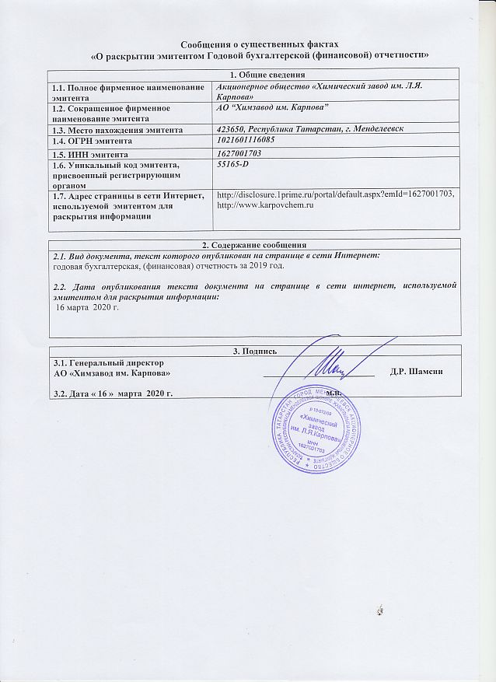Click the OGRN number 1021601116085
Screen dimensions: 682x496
[253, 142]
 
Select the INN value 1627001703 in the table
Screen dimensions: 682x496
[244, 155]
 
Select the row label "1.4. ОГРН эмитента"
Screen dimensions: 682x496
[92, 142]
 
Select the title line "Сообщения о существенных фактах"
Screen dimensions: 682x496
[260, 45]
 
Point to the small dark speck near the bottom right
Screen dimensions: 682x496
[379, 610]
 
